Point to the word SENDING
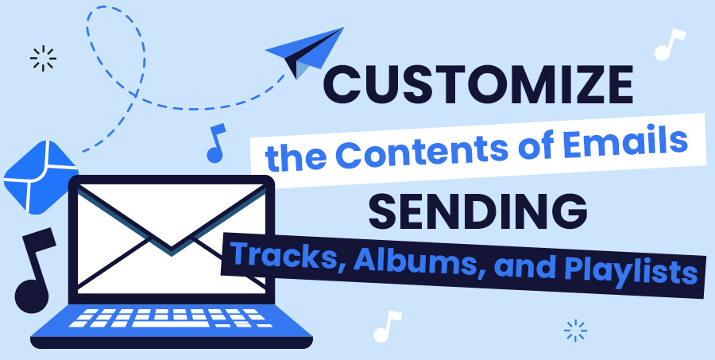point(477,211)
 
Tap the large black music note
point(35,270)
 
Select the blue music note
point(215,143)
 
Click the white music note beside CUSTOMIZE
point(670,45)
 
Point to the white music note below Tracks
point(387,327)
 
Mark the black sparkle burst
point(43,58)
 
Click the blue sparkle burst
point(575,331)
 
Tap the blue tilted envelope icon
point(41,177)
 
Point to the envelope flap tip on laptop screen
point(172,247)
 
